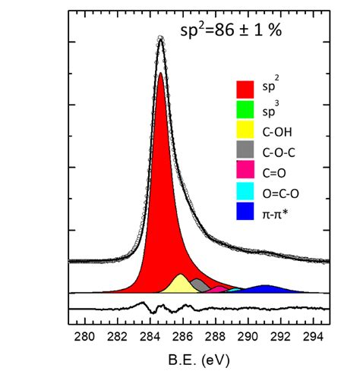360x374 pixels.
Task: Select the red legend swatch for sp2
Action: [x=245, y=88]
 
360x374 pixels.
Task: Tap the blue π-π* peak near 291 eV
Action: [x=265, y=289]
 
